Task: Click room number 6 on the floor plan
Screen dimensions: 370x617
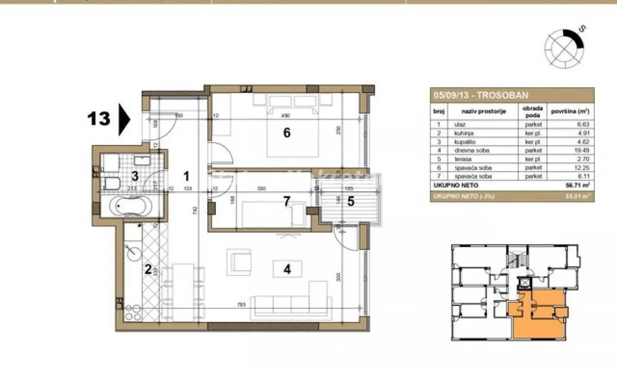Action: (x=287, y=133)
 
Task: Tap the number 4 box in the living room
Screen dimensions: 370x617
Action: (x=287, y=269)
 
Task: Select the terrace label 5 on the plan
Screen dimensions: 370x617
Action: (x=351, y=201)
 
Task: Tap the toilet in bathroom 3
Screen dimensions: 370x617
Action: (x=112, y=183)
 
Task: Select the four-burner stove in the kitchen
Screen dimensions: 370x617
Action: (x=133, y=306)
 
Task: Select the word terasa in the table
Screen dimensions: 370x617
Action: (x=461, y=159)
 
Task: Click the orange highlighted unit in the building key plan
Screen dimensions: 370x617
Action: (x=535, y=316)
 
